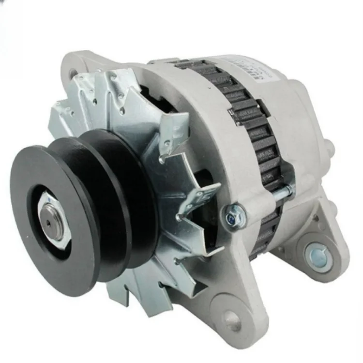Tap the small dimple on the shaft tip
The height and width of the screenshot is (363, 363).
click(49, 223)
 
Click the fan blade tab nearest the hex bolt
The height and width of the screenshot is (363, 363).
click(198, 198)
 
